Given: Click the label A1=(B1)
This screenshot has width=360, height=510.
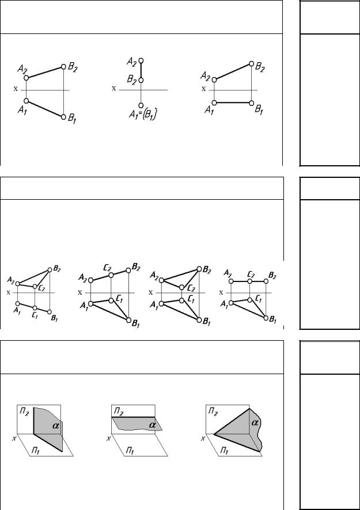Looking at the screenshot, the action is pos(143,115).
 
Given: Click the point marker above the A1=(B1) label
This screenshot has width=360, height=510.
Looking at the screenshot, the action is pos(141,105).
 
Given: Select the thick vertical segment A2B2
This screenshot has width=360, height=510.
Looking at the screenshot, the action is pos(141,70).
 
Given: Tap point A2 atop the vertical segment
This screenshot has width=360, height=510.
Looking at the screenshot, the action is pos(141,60).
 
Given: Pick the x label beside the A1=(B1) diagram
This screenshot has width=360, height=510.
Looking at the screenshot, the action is pos(114,88).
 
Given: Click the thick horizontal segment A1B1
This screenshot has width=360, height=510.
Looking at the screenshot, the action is pos(233,103).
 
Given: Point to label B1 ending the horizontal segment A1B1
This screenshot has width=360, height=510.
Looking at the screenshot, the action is pos(259,109).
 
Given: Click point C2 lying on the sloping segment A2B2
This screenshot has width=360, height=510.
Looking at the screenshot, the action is pos(111,275).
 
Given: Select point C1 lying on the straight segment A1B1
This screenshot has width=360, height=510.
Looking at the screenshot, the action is pos(35,308).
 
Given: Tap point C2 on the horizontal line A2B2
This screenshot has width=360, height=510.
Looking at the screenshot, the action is pos(249,281).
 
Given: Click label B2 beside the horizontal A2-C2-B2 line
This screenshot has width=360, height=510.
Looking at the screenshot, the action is pos(272,276).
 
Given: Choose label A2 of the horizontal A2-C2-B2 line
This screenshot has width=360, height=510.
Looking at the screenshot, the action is pos(228,273).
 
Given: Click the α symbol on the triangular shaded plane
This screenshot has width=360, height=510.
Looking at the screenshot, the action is pos(255,423).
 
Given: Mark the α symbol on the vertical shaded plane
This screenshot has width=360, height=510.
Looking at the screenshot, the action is pos(56,425).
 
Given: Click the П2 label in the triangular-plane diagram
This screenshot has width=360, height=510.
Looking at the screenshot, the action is pos(213,412).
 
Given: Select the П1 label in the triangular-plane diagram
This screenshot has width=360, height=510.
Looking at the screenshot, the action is pos(224,451).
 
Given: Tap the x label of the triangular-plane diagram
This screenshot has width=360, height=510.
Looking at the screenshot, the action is pos(203,439).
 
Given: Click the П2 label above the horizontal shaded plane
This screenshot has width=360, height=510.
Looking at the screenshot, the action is pos(119,413).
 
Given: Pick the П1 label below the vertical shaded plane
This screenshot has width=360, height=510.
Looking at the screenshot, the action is pos(36,451).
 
